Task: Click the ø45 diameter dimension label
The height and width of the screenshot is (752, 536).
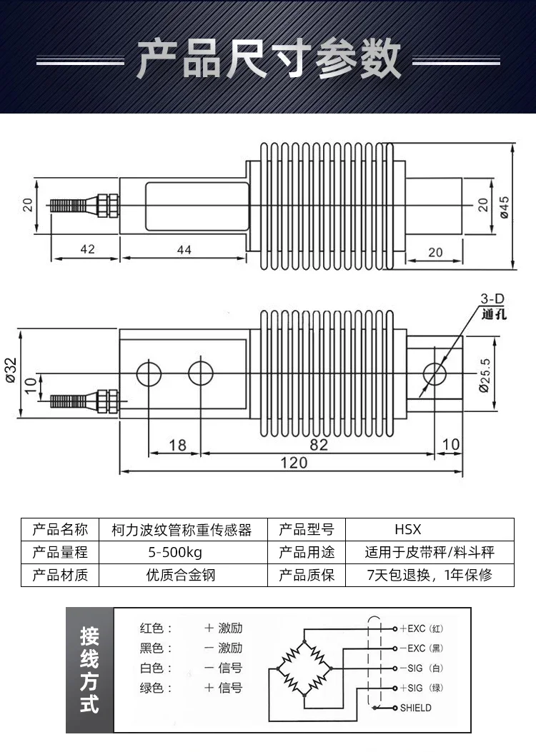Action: (x=503, y=206)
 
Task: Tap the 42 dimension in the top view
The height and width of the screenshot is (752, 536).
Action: (x=87, y=249)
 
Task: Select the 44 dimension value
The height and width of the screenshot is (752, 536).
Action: (x=184, y=249)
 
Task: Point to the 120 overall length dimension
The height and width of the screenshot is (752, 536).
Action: (x=293, y=462)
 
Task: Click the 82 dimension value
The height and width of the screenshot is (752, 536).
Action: (x=319, y=444)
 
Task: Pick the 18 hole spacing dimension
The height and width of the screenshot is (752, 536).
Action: (x=177, y=444)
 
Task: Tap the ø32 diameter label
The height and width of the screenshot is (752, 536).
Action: (x=11, y=371)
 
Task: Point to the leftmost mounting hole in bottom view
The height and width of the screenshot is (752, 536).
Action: (x=149, y=372)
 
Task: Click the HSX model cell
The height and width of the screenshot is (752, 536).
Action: (x=408, y=530)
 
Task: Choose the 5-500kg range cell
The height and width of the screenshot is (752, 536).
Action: (x=175, y=552)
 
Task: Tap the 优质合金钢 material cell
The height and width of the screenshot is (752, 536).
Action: (x=175, y=574)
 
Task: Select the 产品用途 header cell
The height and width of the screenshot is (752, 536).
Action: (x=306, y=552)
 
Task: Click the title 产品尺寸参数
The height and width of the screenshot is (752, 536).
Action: (x=268, y=59)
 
